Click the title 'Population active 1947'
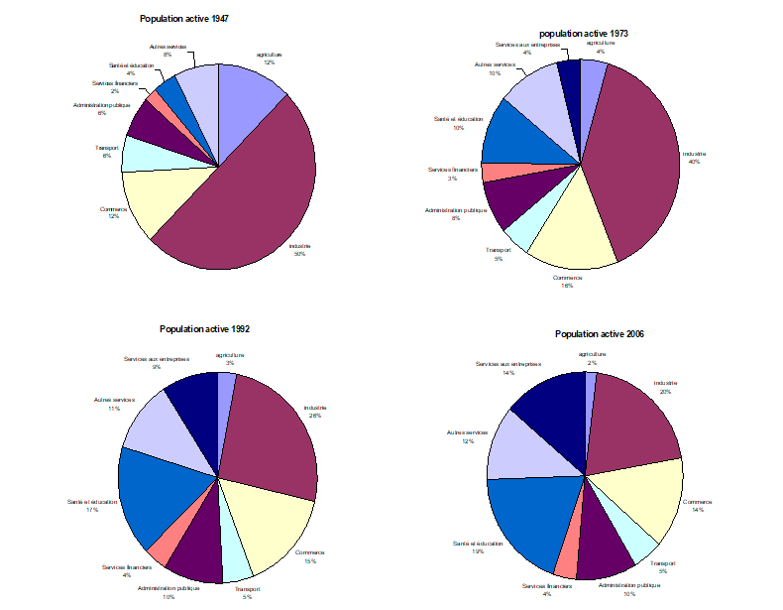click(x=187, y=19)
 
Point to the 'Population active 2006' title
click(x=601, y=334)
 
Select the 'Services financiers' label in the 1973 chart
click(x=453, y=170)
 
